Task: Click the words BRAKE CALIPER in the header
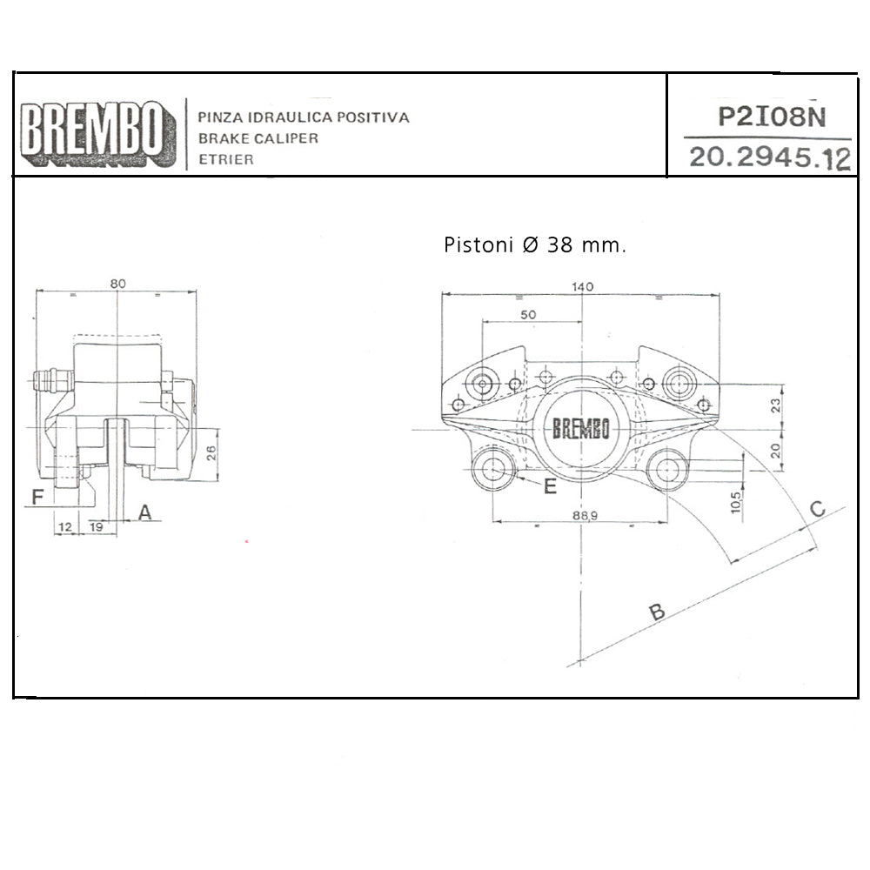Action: pyautogui.click(x=258, y=138)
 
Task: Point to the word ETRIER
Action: pyautogui.click(x=226, y=160)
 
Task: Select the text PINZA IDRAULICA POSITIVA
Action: pyautogui.click(x=304, y=117)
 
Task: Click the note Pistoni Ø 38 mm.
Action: pyautogui.click(x=535, y=245)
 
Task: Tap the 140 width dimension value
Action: pyautogui.click(x=582, y=287)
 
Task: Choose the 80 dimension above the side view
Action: pyautogui.click(x=118, y=284)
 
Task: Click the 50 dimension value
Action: pyautogui.click(x=528, y=315)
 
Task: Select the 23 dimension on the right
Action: pyautogui.click(x=776, y=405)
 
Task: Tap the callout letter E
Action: pyautogui.click(x=550, y=486)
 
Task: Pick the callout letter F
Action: pyautogui.click(x=37, y=498)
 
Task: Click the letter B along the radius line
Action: pyautogui.click(x=658, y=612)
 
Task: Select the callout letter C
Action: pyautogui.click(x=817, y=509)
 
